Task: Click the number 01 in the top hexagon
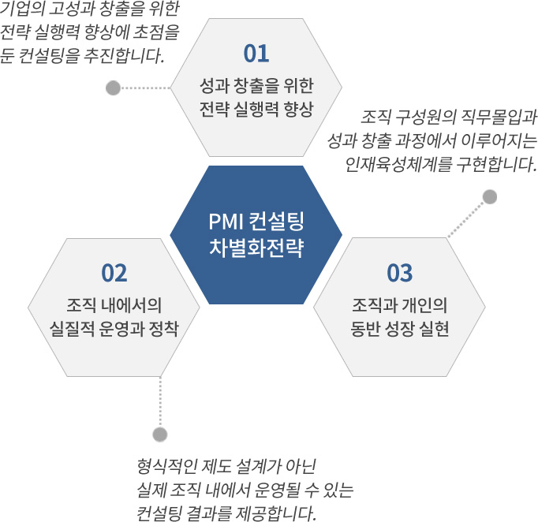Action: (x=256, y=54)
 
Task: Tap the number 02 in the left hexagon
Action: (x=114, y=273)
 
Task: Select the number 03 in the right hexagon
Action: (x=400, y=273)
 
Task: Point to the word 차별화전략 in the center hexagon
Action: (x=256, y=248)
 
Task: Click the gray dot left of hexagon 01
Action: (x=114, y=88)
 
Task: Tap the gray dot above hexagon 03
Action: (x=490, y=197)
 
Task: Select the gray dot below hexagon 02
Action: (x=160, y=434)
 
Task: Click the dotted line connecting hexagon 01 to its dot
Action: (x=145, y=88)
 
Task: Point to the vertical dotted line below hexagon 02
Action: (x=160, y=402)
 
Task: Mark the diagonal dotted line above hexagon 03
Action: (x=465, y=219)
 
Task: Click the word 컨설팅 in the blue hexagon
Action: (x=276, y=222)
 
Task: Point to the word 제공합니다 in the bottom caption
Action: (x=275, y=513)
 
